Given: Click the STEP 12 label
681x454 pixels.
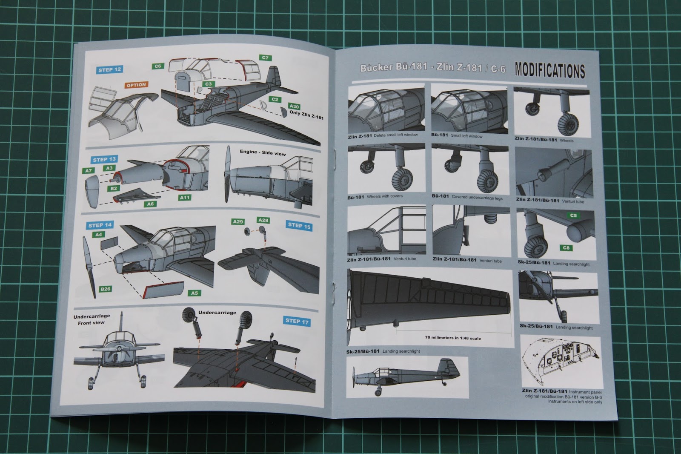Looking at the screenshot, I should (110, 70).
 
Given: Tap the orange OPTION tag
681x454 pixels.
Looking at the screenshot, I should (136, 85).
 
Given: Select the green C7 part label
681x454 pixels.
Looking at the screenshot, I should (265, 58).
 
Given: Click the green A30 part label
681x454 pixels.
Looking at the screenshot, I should (294, 106).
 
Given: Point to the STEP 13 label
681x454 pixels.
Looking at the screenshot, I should (104, 159).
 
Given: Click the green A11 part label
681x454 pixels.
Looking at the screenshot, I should (185, 198).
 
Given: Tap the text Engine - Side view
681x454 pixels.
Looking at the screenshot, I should (262, 152).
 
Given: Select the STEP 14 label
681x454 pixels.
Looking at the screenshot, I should (100, 225).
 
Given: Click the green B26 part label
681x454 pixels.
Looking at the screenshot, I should (105, 289).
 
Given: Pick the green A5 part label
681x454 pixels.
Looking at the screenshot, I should (195, 293).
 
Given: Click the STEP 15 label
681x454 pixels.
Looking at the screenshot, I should (299, 226).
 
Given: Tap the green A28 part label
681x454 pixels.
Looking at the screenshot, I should (263, 220).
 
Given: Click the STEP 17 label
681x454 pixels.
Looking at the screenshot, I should (297, 321).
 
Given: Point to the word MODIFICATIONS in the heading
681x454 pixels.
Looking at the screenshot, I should (550, 70).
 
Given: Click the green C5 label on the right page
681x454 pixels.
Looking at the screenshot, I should (573, 216).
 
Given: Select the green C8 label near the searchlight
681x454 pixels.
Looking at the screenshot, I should (566, 248).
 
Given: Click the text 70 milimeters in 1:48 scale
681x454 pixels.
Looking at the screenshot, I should (453, 338).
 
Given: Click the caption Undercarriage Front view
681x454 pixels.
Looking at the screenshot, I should (92, 319).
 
